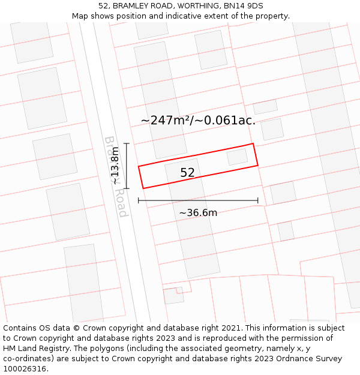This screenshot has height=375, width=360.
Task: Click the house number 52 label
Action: [x=187, y=173]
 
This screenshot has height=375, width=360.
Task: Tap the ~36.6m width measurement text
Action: [x=198, y=212]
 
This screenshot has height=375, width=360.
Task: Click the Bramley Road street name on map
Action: [x=116, y=176]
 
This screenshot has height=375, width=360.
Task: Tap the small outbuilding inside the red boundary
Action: [x=237, y=157]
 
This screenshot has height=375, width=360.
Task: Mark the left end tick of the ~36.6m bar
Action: [x=139, y=200]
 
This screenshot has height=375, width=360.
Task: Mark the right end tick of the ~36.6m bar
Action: [x=258, y=200]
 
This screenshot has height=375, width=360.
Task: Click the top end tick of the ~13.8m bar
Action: [x=127, y=143]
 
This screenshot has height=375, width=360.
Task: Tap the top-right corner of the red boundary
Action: [x=253, y=144]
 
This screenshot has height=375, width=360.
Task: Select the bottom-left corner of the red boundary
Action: [x=143, y=188]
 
